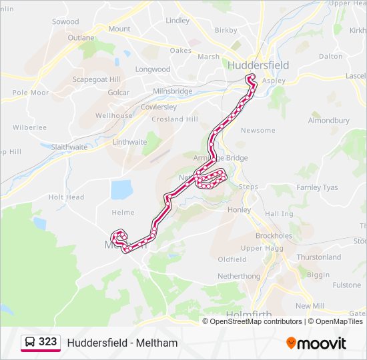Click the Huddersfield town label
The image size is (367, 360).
(x=258, y=65)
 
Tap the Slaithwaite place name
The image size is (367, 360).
(x=69, y=147)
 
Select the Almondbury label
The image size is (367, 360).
(x=328, y=121)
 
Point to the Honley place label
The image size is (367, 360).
(x=239, y=210)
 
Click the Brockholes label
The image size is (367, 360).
(x=274, y=236)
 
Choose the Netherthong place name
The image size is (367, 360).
(x=238, y=275)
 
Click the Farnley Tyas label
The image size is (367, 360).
(x=318, y=187)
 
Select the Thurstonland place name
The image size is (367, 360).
(x=318, y=257)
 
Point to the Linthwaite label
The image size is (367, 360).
(x=129, y=142)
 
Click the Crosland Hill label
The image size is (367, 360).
(x=175, y=119)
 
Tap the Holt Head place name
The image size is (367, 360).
(x=66, y=197)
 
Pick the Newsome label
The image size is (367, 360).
(x=258, y=130)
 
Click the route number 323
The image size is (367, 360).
(x=47, y=342)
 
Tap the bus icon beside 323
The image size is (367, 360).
(x=30, y=343)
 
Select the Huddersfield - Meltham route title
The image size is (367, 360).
(x=122, y=343)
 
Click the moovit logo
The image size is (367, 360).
(x=316, y=343)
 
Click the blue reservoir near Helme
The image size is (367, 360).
(x=122, y=189)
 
